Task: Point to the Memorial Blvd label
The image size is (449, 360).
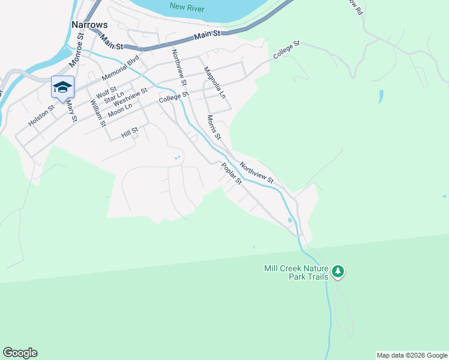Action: pyautogui.click(x=121, y=68)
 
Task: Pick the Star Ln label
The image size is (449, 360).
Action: pyautogui.click(x=113, y=97)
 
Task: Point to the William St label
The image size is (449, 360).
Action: pyautogui.click(x=98, y=112)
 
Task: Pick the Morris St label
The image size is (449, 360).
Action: pyautogui.click(x=214, y=128)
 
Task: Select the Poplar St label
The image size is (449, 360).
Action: pyautogui.click(x=231, y=173)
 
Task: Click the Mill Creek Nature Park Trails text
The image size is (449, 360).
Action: pyautogui.click(x=297, y=272)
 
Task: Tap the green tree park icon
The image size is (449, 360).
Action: pyautogui.click(x=339, y=272)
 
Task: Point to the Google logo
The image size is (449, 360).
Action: pyautogui.click(x=20, y=353)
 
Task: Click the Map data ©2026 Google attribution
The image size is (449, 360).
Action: pyautogui.click(x=412, y=355)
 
